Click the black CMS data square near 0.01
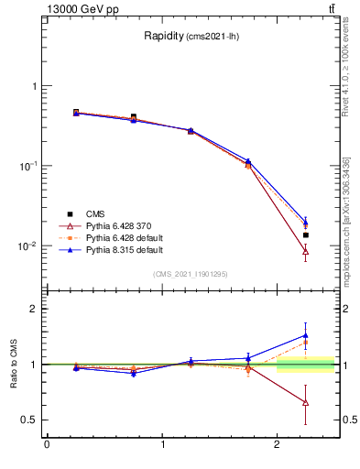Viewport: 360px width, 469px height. [x=306, y=235]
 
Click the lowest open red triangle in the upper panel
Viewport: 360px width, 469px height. [x=306, y=251]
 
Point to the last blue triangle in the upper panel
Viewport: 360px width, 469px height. [x=306, y=221]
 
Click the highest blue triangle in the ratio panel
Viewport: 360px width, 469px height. [x=306, y=335]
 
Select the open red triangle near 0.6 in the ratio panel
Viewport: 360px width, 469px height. [x=306, y=403]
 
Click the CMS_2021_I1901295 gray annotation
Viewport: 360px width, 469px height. [x=190, y=273]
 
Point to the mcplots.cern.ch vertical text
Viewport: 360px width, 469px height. [x=346, y=220]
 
